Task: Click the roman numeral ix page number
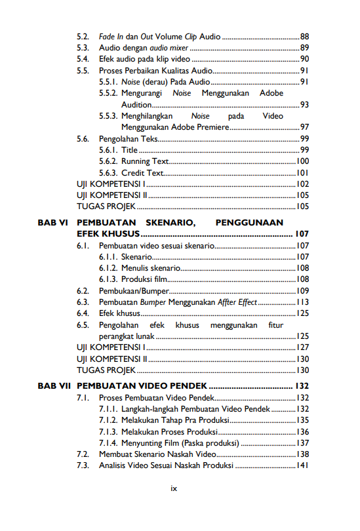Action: click(174, 488)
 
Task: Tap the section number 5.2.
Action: click(83, 36)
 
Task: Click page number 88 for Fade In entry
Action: click(304, 36)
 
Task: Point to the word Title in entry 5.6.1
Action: click(130, 150)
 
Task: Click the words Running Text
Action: click(145, 161)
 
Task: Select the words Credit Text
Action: click(142, 173)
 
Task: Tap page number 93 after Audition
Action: click(304, 105)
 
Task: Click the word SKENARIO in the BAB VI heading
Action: click(167, 223)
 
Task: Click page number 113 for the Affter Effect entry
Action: click(302, 302)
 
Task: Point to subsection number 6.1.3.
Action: click(108, 279)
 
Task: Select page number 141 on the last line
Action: click(302, 466)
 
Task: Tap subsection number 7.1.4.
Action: click(108, 443)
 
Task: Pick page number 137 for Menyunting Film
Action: click(302, 443)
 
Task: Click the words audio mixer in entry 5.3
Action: click(167, 48)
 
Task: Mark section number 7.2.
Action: click(83, 454)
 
